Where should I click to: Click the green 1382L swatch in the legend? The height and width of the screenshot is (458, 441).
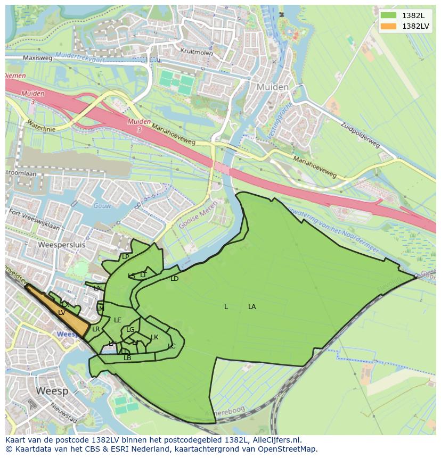tap(389, 15)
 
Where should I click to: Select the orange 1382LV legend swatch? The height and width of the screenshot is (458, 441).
tap(389, 26)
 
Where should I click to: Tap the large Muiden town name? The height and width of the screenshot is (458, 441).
tap(272, 87)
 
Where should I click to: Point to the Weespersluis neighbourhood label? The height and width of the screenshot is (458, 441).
tap(62, 245)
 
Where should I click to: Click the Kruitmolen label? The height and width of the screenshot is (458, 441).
tap(197, 53)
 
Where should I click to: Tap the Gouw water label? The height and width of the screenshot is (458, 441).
tap(101, 205)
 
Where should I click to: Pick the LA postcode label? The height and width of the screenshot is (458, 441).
tap(252, 307)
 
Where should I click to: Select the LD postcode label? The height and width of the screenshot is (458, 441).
tap(174, 279)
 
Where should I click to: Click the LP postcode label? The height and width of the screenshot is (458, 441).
tap(126, 257)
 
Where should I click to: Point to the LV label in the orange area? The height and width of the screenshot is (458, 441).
tap(62, 313)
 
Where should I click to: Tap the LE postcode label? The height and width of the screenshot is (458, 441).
tap(118, 320)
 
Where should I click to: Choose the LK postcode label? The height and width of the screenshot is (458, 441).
tap(154, 337)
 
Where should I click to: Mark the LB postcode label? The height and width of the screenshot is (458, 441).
tap(127, 358)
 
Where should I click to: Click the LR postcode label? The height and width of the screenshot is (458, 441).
tap(96, 329)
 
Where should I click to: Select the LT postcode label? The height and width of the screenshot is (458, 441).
tap(143, 275)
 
